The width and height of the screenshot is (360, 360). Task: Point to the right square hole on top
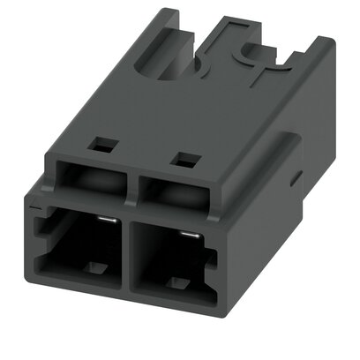(185, 160)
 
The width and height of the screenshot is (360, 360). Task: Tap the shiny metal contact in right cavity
(187, 235)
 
